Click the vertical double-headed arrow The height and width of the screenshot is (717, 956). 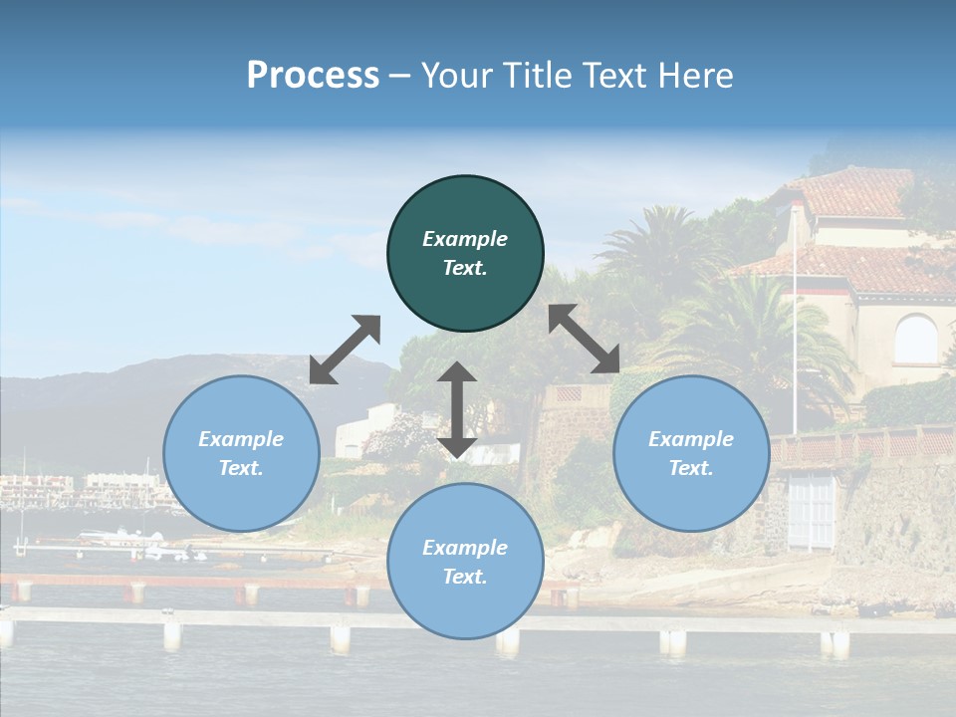point(457,409)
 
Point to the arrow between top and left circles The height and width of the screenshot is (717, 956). point(345,350)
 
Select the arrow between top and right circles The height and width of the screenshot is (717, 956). point(585,339)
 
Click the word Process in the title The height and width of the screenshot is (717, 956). point(313,75)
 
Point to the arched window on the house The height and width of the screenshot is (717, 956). point(915,340)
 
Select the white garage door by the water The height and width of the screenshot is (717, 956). point(811,509)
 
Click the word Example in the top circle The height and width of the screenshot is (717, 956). point(465,239)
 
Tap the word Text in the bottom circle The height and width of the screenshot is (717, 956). point(465,577)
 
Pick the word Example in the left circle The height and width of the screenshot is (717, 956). point(241,439)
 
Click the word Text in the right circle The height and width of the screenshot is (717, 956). point(691,468)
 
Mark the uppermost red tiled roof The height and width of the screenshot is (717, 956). point(856,191)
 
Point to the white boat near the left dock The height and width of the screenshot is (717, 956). point(120,537)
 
